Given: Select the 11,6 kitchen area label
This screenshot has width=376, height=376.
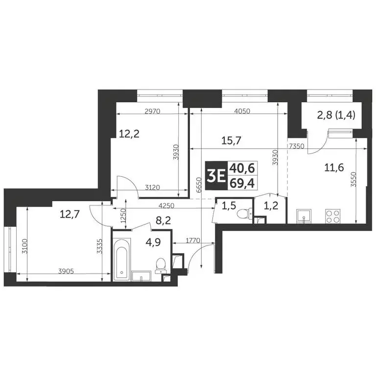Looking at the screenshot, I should pyautogui.click(x=333, y=167).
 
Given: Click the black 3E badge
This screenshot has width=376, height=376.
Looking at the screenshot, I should pyautogui.click(x=213, y=175).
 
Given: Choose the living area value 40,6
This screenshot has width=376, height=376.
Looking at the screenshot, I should pyautogui.click(x=238, y=168).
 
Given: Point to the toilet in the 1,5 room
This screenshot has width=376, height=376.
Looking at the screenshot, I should pyautogui.click(x=242, y=214).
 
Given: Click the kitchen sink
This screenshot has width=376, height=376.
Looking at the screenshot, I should pyautogui.click(x=304, y=216).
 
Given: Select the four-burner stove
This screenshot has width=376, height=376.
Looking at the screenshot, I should pyautogui.click(x=333, y=215).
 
